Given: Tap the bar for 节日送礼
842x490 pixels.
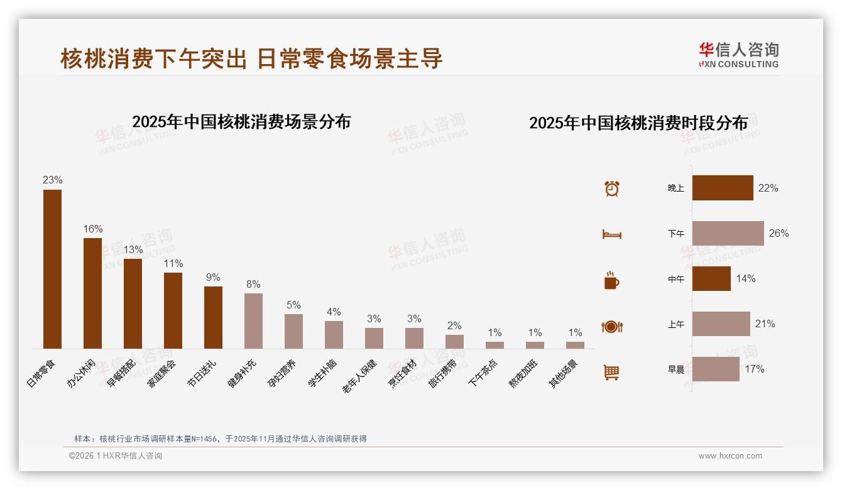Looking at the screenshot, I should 213,317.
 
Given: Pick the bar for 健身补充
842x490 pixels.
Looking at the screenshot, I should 253,320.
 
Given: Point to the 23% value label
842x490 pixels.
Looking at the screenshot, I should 52,180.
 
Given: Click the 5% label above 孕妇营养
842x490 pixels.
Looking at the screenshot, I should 293,305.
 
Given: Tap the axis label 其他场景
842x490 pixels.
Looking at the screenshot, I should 564,373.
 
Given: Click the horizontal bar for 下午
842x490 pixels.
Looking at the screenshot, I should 728,233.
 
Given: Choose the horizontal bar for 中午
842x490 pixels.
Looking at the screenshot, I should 711,278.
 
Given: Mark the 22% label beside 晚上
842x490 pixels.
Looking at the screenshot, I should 768,188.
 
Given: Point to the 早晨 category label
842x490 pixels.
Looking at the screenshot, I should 676,369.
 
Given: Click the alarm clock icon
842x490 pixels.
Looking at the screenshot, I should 612,188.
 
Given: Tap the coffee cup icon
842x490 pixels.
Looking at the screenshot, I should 611,280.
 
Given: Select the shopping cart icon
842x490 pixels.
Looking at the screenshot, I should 611,372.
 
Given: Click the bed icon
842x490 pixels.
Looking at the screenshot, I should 611,234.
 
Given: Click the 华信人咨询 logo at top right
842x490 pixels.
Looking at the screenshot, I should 738,55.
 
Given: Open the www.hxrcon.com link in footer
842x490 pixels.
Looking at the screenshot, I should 730,456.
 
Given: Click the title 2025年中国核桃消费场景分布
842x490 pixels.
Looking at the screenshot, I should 241,122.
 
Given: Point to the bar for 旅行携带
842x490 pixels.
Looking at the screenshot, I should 454,341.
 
